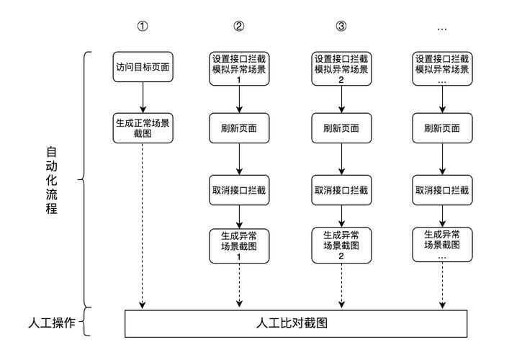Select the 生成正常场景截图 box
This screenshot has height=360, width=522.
point(143,127)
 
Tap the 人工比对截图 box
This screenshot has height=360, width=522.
point(292,323)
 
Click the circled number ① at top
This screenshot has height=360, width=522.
point(143,27)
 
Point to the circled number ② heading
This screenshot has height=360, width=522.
point(239,27)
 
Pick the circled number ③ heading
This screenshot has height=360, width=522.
point(341,27)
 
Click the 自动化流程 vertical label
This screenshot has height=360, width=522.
point(52,180)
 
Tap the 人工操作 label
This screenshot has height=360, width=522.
point(48,322)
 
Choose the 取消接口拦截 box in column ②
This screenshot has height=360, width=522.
point(239,190)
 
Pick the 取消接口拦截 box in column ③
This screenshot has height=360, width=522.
point(341,190)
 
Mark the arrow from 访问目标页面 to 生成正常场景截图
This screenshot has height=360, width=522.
point(143,96)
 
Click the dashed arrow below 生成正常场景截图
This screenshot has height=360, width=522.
point(143,223)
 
